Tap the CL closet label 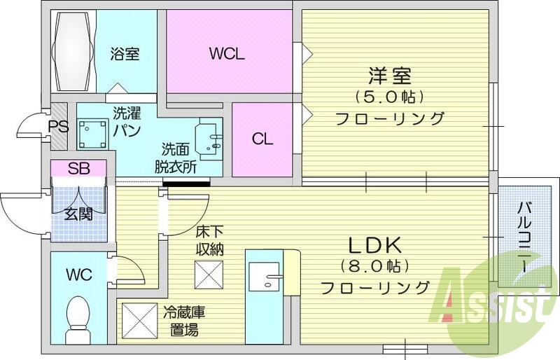pyautogui.click(x=262, y=139)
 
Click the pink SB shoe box pyautogui.click(x=78, y=169)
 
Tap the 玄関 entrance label pyautogui.click(x=78, y=214)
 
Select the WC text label pyautogui.click(x=78, y=275)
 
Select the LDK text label pyautogui.click(x=374, y=246)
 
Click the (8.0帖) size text pyautogui.click(x=374, y=266)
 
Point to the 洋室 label pyautogui.click(x=389, y=74)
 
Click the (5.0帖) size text pyautogui.click(x=389, y=95)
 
